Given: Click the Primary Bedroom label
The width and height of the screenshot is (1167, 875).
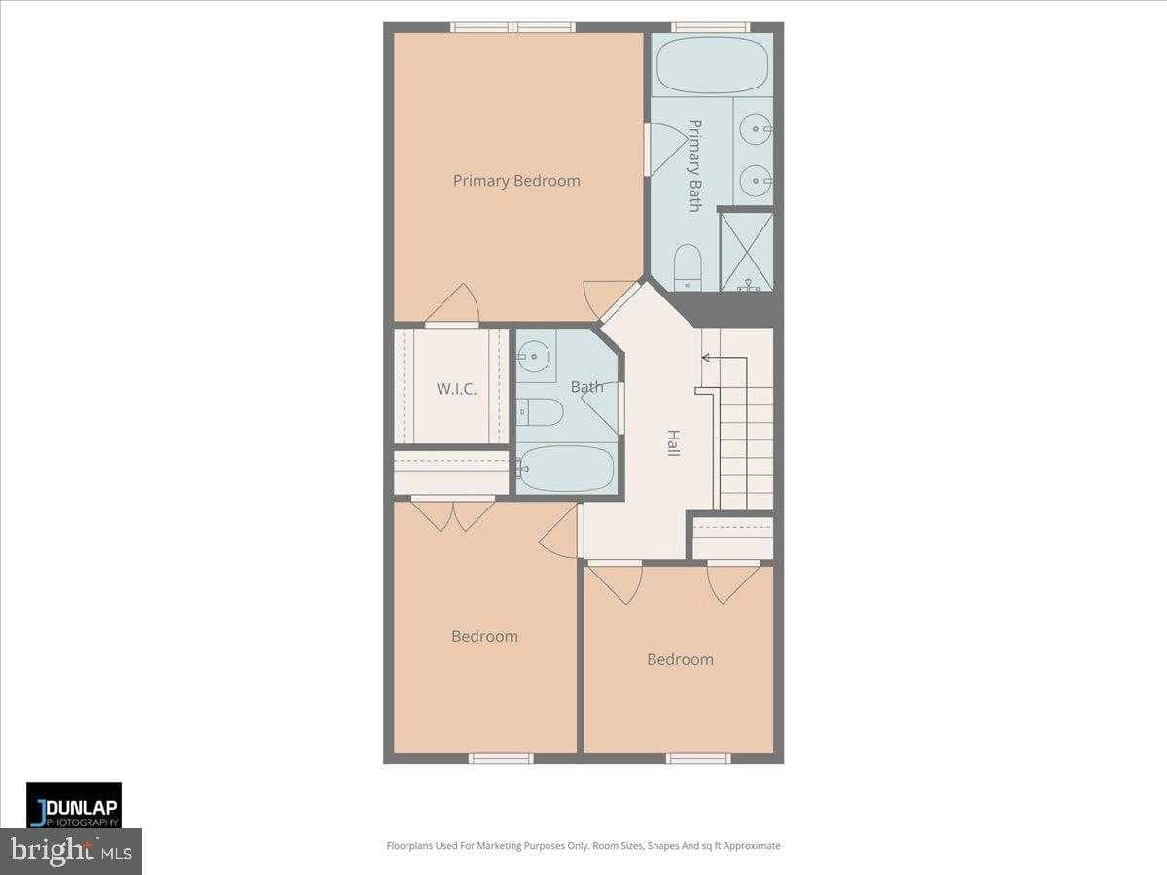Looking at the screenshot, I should (x=516, y=181).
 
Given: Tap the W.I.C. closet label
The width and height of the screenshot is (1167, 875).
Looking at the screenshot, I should (x=456, y=389).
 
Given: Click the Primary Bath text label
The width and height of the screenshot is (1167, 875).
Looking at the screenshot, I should (x=695, y=165).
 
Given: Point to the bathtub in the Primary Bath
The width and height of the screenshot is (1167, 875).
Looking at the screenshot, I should (x=712, y=65).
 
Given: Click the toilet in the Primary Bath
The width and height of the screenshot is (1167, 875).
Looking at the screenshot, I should (x=688, y=266).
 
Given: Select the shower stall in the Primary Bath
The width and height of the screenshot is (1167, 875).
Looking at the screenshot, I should (x=747, y=252).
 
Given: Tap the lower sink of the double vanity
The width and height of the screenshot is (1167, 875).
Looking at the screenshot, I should (x=757, y=180).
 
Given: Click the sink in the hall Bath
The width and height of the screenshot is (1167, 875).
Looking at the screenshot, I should (x=533, y=358).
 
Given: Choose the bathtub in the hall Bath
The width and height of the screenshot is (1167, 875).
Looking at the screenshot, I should (x=566, y=469).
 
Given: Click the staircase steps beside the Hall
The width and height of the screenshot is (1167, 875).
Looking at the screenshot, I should (x=747, y=447).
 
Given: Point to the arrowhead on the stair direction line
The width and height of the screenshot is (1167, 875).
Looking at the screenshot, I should (x=705, y=358).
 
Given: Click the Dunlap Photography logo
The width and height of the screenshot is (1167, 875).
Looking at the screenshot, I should (x=74, y=805).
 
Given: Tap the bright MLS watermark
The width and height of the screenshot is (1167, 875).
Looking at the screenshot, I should (x=71, y=852).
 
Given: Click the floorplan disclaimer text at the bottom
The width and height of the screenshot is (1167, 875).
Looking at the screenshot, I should (x=583, y=846).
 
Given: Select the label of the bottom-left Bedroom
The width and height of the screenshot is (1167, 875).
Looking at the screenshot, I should (x=484, y=637).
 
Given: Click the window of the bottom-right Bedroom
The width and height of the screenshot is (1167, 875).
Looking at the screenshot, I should (x=698, y=758).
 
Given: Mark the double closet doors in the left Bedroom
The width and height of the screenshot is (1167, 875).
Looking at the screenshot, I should (x=453, y=513).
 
